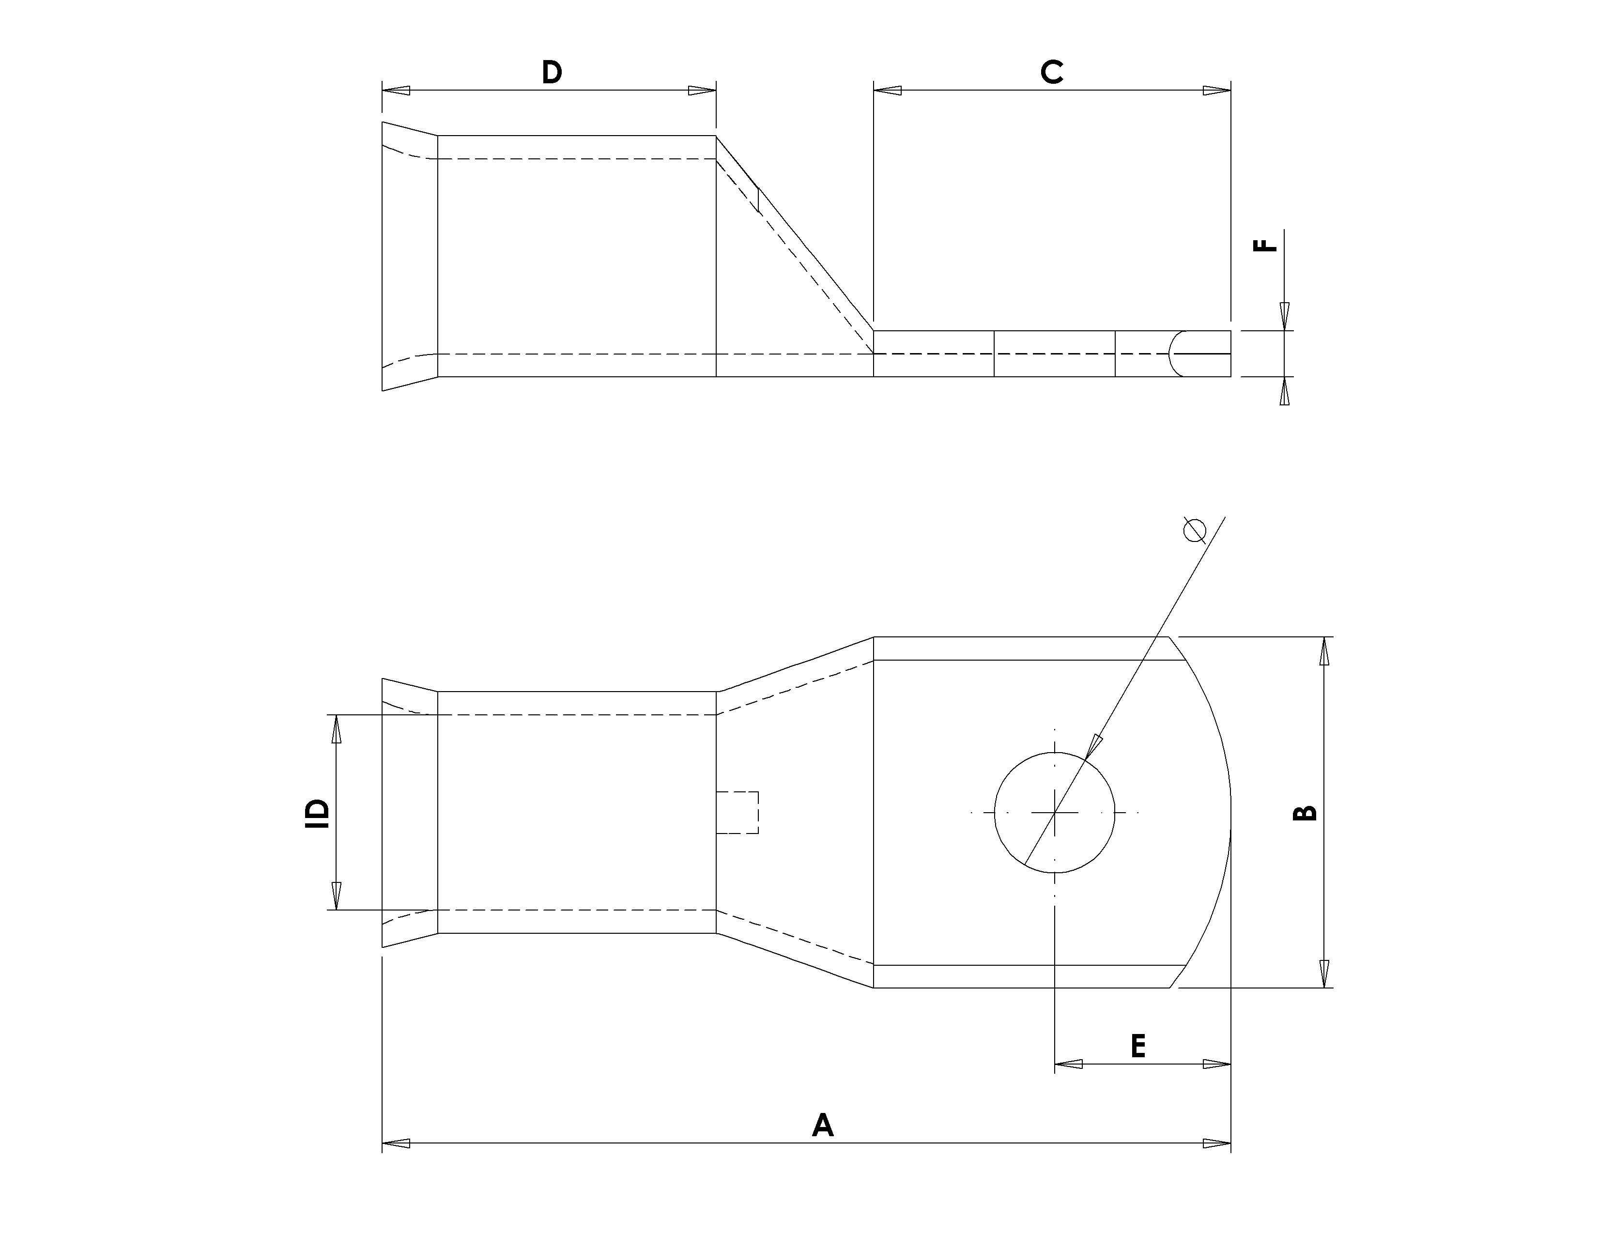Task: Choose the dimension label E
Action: click(1138, 1046)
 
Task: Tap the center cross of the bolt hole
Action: click(1054, 812)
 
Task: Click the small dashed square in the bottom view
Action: click(738, 812)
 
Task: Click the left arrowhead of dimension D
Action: click(396, 91)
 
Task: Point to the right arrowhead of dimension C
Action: click(1217, 91)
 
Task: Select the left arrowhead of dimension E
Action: click(1068, 1064)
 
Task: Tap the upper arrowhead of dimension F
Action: click(1284, 316)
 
